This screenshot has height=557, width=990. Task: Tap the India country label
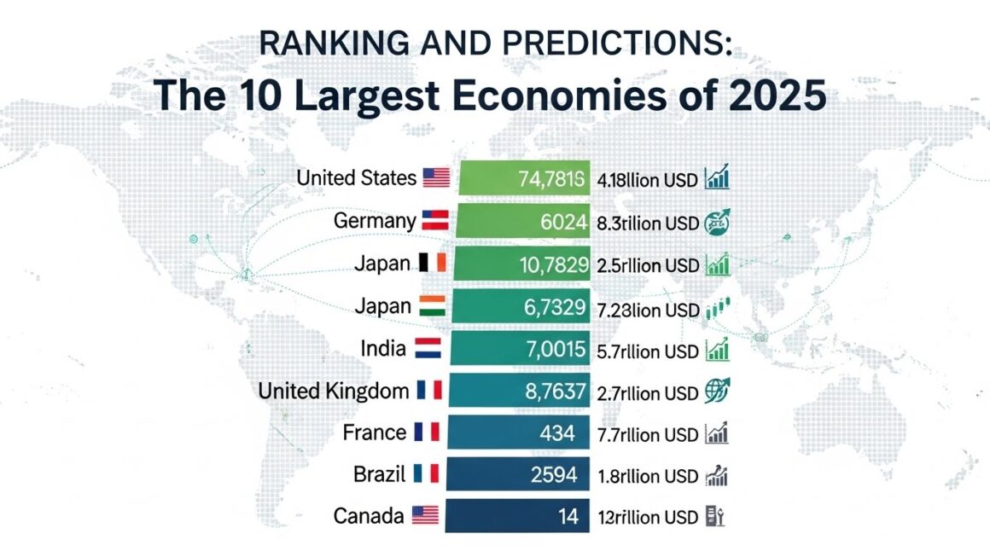(382, 348)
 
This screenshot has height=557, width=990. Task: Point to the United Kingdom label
(333, 391)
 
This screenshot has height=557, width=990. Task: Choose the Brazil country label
(379, 473)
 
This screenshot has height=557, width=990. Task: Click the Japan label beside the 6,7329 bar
(381, 305)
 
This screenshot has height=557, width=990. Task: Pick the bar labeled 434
(519, 433)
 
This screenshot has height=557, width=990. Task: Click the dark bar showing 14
(517, 516)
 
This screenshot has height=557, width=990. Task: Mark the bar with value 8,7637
(520, 392)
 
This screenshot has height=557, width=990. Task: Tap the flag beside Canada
(425, 515)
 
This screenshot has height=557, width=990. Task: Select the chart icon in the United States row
(716, 179)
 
